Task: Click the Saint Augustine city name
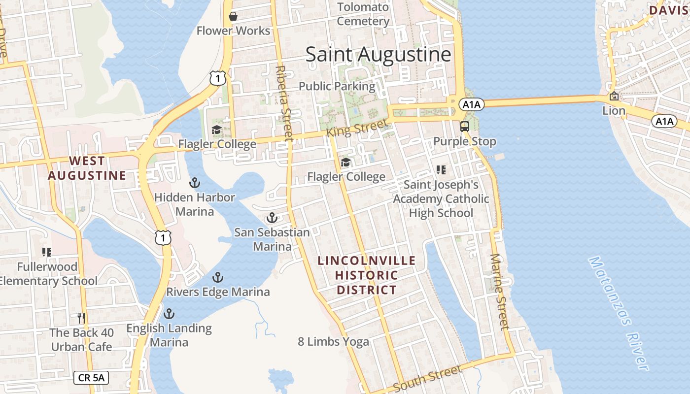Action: (x=378, y=54)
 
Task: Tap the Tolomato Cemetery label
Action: (x=363, y=14)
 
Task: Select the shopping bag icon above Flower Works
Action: (x=233, y=16)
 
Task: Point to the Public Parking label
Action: (x=337, y=86)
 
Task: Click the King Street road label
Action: (x=357, y=128)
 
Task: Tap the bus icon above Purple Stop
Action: (x=465, y=126)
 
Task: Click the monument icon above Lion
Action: (x=614, y=96)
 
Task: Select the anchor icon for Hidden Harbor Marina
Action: (x=195, y=183)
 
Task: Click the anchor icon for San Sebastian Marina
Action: (x=272, y=218)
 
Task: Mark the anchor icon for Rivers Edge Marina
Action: (x=218, y=277)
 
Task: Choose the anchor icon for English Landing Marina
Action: (x=169, y=314)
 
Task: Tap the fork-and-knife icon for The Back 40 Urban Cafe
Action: (x=81, y=318)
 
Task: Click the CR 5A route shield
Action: (x=91, y=378)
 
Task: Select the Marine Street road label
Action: (x=500, y=292)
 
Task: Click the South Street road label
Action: (x=428, y=378)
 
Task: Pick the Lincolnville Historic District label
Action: (x=367, y=275)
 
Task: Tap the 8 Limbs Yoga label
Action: (x=333, y=341)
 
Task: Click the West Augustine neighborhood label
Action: (x=87, y=168)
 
